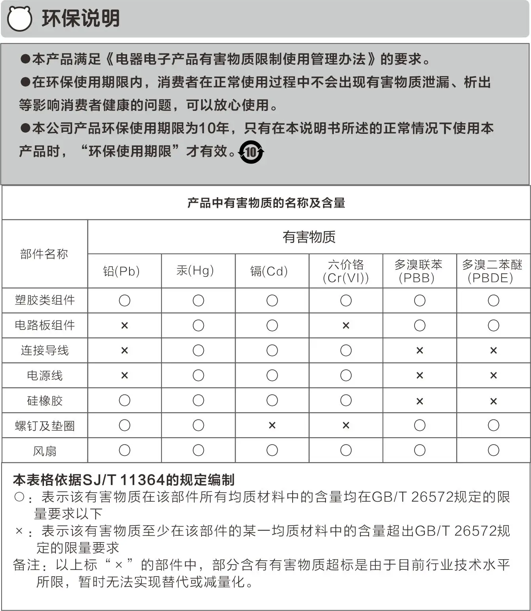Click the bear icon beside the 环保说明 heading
(19, 19)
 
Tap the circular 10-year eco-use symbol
(251, 152)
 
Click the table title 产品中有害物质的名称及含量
(266, 203)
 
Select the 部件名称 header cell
(44, 254)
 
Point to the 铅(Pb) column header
(122, 271)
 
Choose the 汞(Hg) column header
(195, 271)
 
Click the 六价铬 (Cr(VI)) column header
(346, 271)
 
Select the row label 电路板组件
(45, 325)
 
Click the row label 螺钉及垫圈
(45, 426)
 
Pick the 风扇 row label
(45, 451)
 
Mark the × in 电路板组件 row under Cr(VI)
(346, 325)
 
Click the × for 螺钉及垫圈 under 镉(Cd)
(272, 425)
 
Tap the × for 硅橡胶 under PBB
(420, 401)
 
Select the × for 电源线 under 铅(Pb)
(124, 375)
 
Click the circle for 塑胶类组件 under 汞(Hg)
(198, 301)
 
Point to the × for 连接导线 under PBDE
(493, 350)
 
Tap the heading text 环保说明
(81, 19)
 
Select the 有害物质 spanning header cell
(309, 237)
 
